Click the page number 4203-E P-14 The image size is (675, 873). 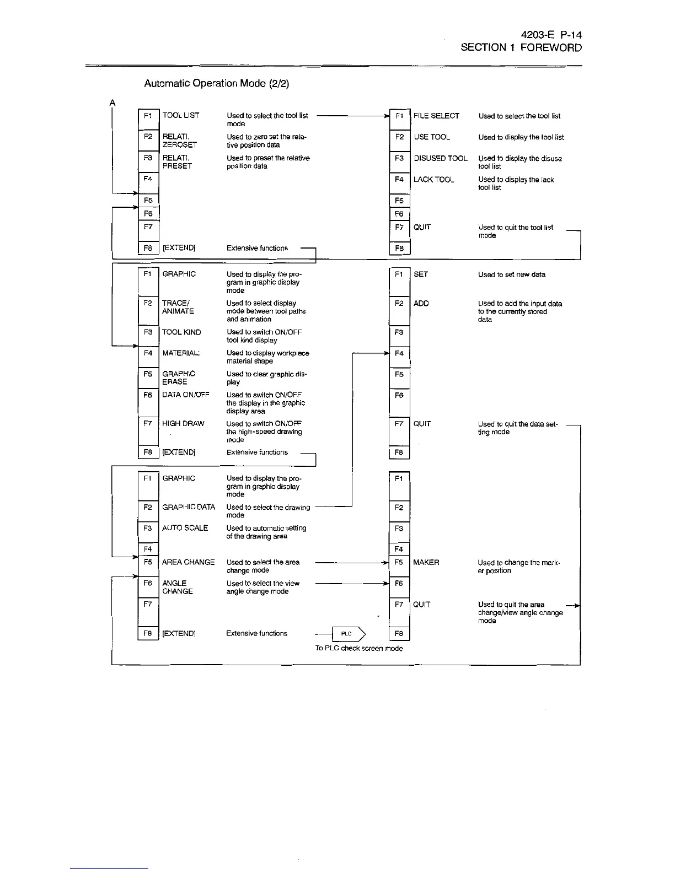548,35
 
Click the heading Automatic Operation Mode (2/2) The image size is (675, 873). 216,83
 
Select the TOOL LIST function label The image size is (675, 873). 181,115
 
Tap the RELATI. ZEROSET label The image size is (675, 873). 179,141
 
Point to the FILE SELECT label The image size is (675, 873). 436,116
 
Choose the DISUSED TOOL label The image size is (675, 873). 441,158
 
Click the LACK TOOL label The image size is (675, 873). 433,180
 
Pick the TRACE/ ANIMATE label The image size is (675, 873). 178,307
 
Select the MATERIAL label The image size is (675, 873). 181,353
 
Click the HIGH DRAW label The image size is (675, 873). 183,424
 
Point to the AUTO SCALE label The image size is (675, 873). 185,528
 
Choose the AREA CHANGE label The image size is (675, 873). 189,562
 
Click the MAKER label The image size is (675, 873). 426,563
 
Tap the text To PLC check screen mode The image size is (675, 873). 359,649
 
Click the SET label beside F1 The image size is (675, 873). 421,274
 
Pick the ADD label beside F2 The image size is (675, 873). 421,304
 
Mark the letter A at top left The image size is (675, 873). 113,103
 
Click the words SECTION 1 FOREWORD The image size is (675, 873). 521,47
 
